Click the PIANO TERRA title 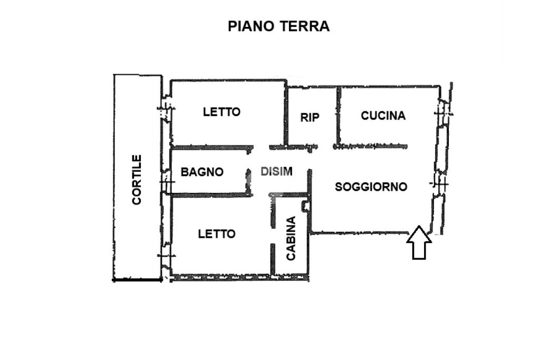pyautogui.click(x=278, y=26)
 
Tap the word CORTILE pyautogui.click(x=137, y=180)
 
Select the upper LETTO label pyautogui.click(x=221, y=112)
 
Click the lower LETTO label pyautogui.click(x=217, y=234)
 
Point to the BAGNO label pyautogui.click(x=202, y=172)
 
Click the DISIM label pyautogui.click(x=276, y=171)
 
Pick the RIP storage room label pyautogui.click(x=310, y=118)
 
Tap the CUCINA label pyautogui.click(x=383, y=115)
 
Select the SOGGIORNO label pyautogui.click(x=371, y=187)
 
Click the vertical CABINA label pyautogui.click(x=291, y=238)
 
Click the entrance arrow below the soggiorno pyautogui.click(x=419, y=242)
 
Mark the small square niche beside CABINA pyautogui.click(x=305, y=206)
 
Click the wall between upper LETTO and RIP pyautogui.click(x=285, y=113)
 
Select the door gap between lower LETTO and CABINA pyautogui.click(x=273, y=236)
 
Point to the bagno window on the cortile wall pyautogui.click(x=167, y=181)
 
